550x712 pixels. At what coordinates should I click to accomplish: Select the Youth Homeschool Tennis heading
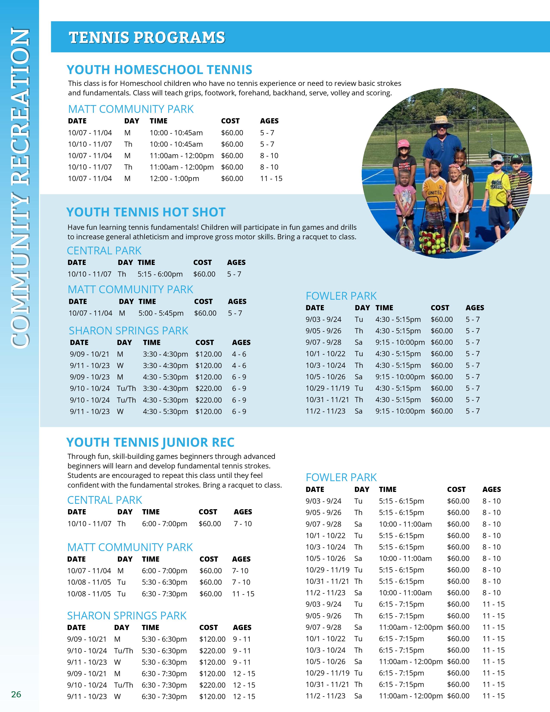coord(159,70)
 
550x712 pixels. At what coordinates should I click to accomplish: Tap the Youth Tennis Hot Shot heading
coord(146,212)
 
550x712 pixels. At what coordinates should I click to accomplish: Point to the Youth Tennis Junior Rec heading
coord(150,442)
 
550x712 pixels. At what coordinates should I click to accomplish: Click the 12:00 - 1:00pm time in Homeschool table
coord(174,179)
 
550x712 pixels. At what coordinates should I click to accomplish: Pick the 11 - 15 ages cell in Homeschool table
coord(271,179)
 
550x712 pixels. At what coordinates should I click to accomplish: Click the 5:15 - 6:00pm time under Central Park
coord(160,274)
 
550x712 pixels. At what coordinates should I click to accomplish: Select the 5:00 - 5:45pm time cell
coord(161,313)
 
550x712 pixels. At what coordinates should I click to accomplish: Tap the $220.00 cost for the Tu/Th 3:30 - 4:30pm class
coord(209,389)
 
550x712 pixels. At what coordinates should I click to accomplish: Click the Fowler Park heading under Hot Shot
coord(341,296)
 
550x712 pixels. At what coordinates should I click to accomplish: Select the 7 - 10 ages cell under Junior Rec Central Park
coord(243,524)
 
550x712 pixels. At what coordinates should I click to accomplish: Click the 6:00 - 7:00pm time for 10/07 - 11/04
coord(165,571)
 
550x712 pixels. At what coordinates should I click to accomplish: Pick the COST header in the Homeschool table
coord(230,121)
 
